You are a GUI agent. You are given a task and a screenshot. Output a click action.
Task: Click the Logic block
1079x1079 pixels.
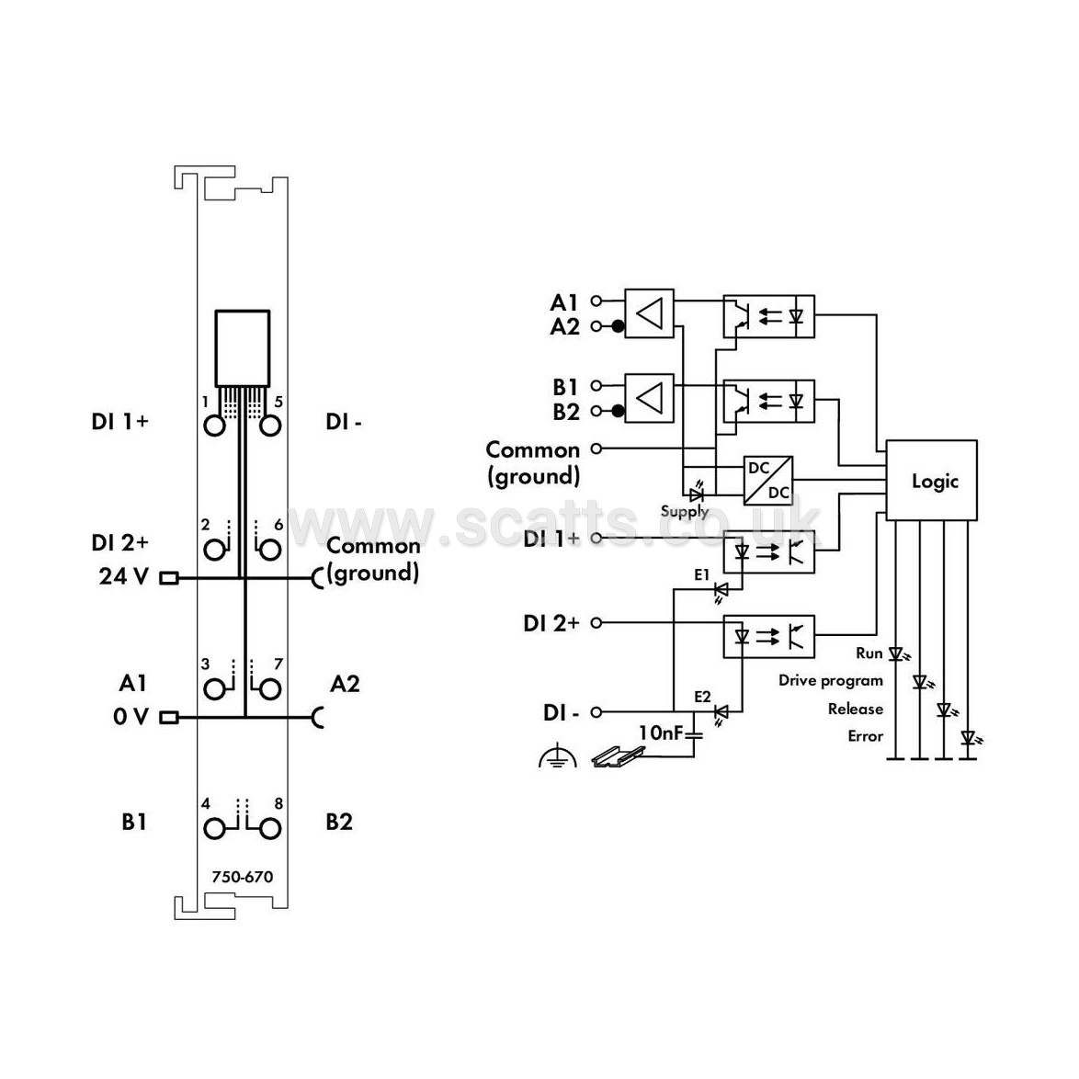pos(931,481)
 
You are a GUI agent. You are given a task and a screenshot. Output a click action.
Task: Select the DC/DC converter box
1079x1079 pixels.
pos(768,481)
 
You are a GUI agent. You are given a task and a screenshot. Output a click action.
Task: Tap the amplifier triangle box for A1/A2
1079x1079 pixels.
pos(649,313)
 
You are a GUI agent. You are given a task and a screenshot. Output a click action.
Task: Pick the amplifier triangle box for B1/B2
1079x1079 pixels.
pos(649,398)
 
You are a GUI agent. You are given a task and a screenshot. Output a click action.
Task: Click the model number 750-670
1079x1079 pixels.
pos(243,877)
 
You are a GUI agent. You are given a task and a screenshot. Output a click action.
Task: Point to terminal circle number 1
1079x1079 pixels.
pos(215,426)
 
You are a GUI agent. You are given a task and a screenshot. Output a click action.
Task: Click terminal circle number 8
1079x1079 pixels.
pos(270,829)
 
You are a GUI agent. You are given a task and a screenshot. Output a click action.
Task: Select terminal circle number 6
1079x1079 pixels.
pos(270,550)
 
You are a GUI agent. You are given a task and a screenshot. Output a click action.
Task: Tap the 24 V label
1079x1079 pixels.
pos(123,576)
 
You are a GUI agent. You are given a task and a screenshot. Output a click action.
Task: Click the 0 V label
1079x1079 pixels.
pos(131,717)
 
